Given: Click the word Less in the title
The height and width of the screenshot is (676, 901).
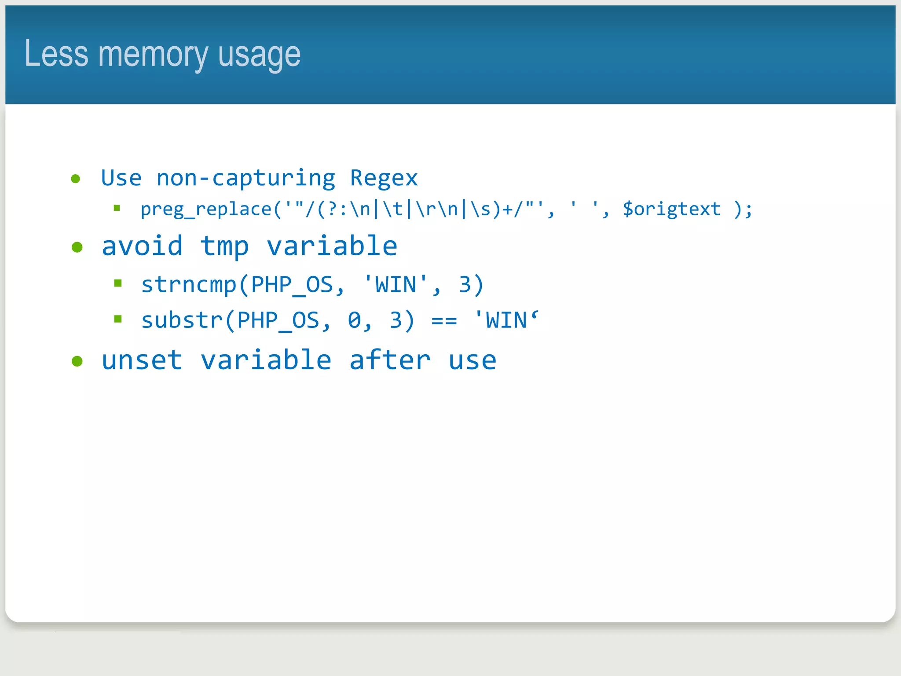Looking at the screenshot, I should pyautogui.click(x=56, y=54).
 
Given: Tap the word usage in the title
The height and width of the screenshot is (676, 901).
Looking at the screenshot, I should pyautogui.click(x=259, y=55).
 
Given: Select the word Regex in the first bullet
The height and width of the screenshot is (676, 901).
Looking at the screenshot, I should pyautogui.click(x=384, y=179).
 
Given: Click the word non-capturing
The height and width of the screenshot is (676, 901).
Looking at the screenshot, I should pyautogui.click(x=246, y=179).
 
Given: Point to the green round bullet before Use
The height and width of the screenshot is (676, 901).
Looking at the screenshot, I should pyautogui.click(x=76, y=179).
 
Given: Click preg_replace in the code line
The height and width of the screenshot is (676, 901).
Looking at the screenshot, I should pyautogui.click(x=205, y=209).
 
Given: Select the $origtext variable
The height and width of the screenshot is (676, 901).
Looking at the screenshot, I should pyautogui.click(x=671, y=209).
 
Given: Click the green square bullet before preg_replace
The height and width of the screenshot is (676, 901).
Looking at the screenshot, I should pyautogui.click(x=117, y=208).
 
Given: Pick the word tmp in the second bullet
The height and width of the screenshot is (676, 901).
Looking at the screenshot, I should pyautogui.click(x=224, y=246).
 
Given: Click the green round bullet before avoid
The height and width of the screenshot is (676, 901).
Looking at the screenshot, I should pyautogui.click(x=77, y=247).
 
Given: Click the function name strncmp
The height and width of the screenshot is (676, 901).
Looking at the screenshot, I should pyautogui.click(x=189, y=285).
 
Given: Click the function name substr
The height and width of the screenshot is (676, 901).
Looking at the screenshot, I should pyautogui.click(x=182, y=320).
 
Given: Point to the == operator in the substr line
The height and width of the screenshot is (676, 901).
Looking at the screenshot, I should pyautogui.click(x=444, y=321).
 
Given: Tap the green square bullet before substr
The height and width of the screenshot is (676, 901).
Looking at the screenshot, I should pyautogui.click(x=117, y=319).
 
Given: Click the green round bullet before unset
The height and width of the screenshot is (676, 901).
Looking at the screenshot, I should pyautogui.click(x=77, y=361).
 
